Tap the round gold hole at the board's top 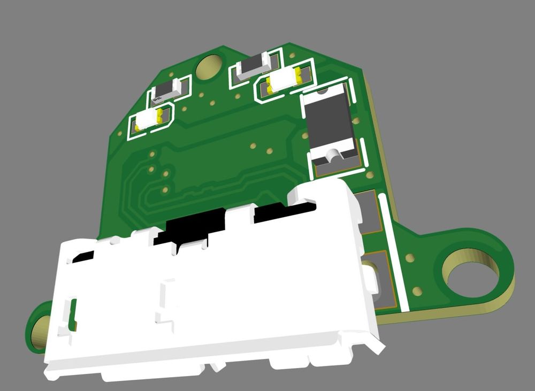point(209,67)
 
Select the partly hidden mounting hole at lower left point(41,332)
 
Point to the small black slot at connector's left point(83,257)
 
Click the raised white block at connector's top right point(321,193)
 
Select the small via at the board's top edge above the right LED point(292,55)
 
